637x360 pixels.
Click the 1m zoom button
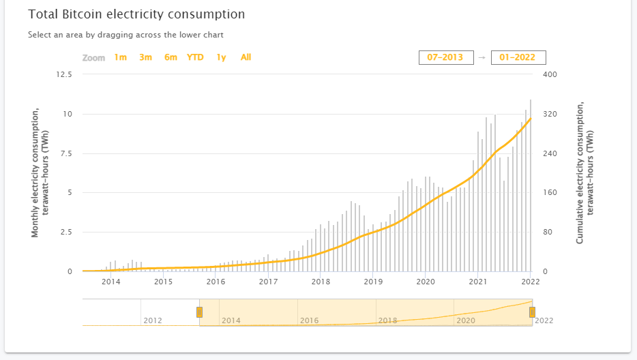(x=120, y=57)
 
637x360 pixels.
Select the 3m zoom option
(x=145, y=57)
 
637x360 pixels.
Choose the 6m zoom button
(x=171, y=57)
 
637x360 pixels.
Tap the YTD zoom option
(x=195, y=57)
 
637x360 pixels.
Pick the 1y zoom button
(x=221, y=57)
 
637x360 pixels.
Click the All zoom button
(x=246, y=57)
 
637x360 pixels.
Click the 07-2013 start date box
(x=445, y=57)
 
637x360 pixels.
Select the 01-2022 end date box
(x=518, y=57)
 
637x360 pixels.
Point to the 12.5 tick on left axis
(x=63, y=74)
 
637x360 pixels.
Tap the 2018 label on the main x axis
(x=321, y=281)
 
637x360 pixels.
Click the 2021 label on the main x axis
(x=478, y=281)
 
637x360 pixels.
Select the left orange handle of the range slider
(x=199, y=312)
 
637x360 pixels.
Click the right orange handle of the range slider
(x=532, y=312)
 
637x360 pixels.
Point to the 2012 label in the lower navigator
(x=153, y=320)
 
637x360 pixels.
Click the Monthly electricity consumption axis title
(x=40, y=172)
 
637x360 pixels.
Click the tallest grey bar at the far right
(x=531, y=185)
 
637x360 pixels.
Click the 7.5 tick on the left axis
(x=65, y=153)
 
